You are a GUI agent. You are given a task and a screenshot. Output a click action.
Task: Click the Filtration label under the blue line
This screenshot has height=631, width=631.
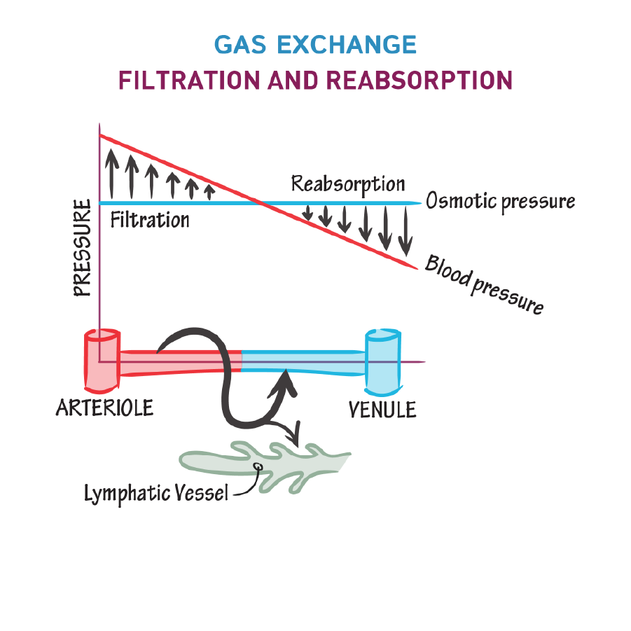150,220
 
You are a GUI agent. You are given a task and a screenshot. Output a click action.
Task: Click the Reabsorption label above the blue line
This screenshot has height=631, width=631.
348,184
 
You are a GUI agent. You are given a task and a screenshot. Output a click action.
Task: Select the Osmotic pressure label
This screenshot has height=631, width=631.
500,202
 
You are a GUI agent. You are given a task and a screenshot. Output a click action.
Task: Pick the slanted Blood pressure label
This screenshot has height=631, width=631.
483,286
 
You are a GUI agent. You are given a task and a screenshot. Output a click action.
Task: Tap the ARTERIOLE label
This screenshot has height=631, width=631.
104,408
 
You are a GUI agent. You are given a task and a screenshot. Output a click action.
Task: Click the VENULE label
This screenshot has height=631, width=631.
382,409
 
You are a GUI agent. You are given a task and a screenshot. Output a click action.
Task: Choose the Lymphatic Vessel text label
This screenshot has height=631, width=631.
156,493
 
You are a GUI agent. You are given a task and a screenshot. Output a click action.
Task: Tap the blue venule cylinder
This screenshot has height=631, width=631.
383,354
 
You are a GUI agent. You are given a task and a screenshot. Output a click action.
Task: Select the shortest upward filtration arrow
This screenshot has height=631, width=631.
208,190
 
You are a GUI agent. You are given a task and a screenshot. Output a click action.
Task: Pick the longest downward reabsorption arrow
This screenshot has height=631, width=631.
404,231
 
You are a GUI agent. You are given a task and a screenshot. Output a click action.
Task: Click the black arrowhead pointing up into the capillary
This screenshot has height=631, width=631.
285,381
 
